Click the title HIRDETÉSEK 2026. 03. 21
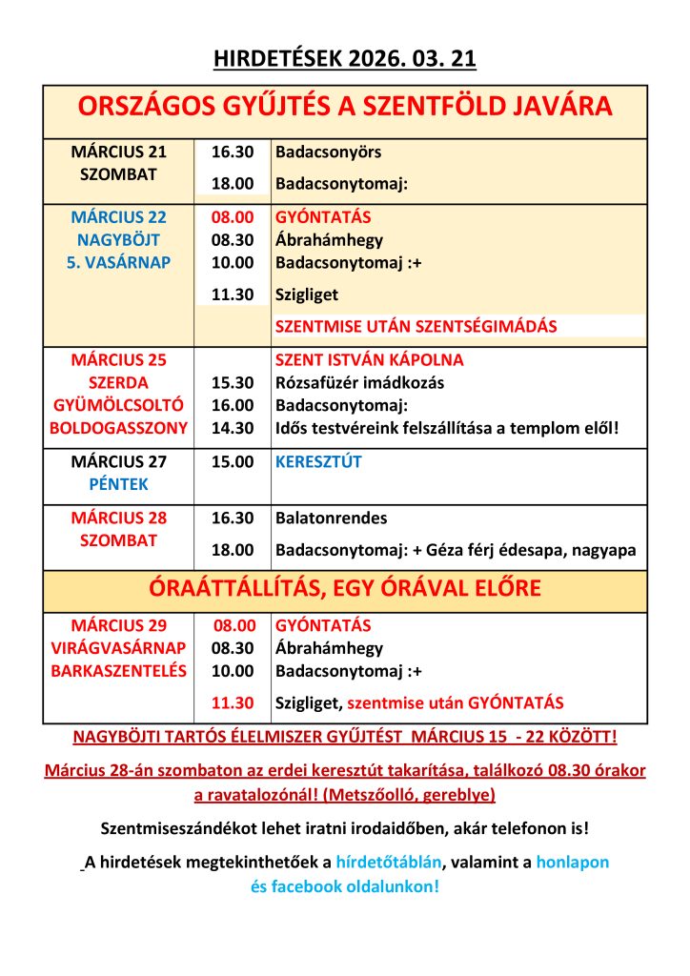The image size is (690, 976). click(345, 60)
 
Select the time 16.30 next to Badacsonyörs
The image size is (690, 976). click(233, 152)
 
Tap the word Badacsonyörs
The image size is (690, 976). click(329, 152)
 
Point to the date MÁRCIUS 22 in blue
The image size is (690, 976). click(118, 217)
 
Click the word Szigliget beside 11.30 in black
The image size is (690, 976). click(307, 295)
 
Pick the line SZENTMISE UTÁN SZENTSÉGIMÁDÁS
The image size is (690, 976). click(416, 326)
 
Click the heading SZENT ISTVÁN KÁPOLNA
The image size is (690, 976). click(370, 360)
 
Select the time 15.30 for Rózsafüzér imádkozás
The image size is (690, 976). click(233, 383)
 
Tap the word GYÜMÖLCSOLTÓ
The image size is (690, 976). click(118, 406)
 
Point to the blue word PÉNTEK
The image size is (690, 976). click(118, 484)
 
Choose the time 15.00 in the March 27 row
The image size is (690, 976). click(233, 462)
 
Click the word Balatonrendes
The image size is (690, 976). click(329, 518)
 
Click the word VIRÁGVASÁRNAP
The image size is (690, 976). click(118, 648)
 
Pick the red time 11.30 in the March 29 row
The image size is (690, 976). click(233, 703)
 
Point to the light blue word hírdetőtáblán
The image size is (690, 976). click(389, 863)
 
